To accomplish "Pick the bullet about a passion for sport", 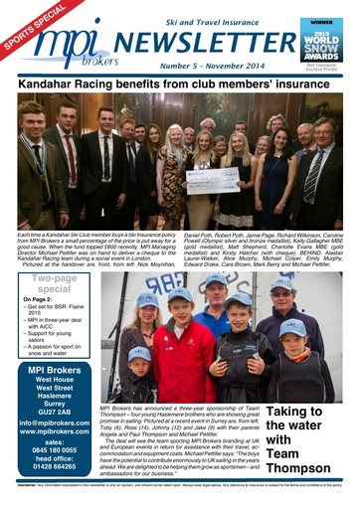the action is point(56,351).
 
